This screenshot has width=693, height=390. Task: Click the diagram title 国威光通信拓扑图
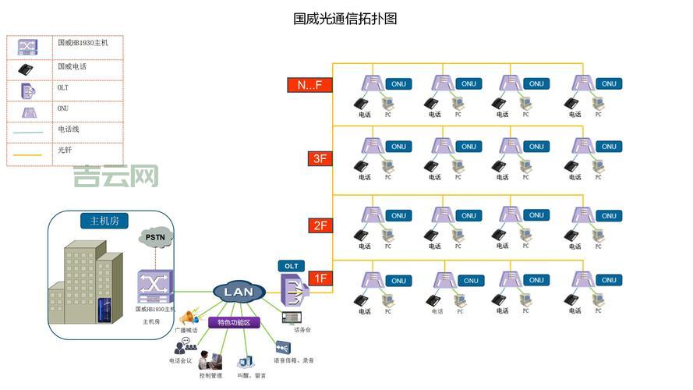(x=345, y=18)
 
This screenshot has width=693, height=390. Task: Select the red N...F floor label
(x=309, y=85)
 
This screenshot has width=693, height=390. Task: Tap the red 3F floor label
(x=320, y=158)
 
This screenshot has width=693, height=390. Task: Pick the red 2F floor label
(x=320, y=225)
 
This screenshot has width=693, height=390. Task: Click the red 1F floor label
(x=320, y=278)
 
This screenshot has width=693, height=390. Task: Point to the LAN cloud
(x=239, y=292)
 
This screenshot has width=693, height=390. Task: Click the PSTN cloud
(x=160, y=237)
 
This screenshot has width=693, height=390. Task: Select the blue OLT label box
(x=291, y=266)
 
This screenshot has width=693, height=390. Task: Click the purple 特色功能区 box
(x=234, y=322)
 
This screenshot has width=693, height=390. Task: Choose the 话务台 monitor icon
(x=292, y=317)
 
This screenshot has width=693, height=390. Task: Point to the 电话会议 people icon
(x=185, y=346)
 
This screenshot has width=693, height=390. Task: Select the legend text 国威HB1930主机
(x=83, y=43)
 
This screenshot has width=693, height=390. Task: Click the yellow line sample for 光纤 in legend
(x=28, y=154)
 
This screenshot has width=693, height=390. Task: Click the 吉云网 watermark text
(x=116, y=176)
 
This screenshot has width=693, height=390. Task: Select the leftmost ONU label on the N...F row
(x=398, y=83)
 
